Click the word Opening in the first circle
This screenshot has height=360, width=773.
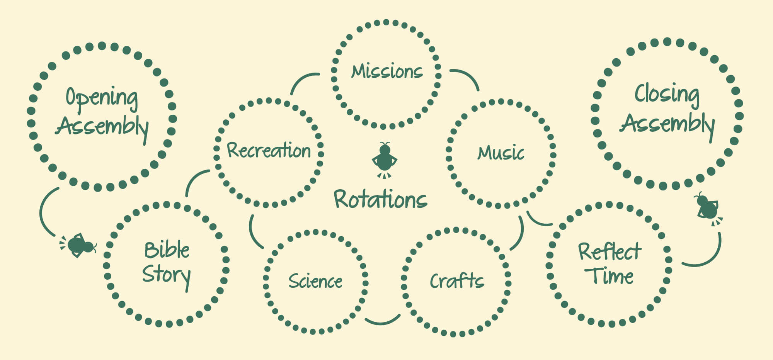point(102,98)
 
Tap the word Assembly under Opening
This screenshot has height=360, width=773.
point(102,127)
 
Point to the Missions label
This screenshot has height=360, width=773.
point(387,71)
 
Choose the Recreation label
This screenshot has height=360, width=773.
point(269,150)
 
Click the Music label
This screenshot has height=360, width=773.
point(501,153)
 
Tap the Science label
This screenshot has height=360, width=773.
point(315,281)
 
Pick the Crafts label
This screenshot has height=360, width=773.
point(457,281)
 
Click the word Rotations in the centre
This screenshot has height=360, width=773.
point(381,200)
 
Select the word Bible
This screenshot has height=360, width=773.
point(167,250)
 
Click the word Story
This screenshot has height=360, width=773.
point(167,275)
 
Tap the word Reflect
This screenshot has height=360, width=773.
point(610,251)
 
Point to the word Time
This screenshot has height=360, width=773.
point(609,276)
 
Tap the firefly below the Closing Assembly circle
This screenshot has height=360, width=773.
point(708,209)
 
